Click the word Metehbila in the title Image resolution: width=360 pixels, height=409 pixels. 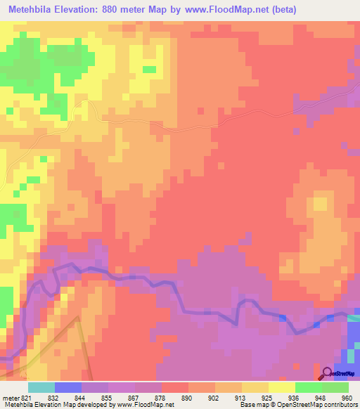(32, 10)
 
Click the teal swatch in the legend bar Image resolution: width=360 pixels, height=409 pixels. (41, 387)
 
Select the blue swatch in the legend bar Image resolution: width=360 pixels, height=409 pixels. (68, 387)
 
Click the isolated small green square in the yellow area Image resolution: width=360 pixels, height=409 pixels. (149, 69)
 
